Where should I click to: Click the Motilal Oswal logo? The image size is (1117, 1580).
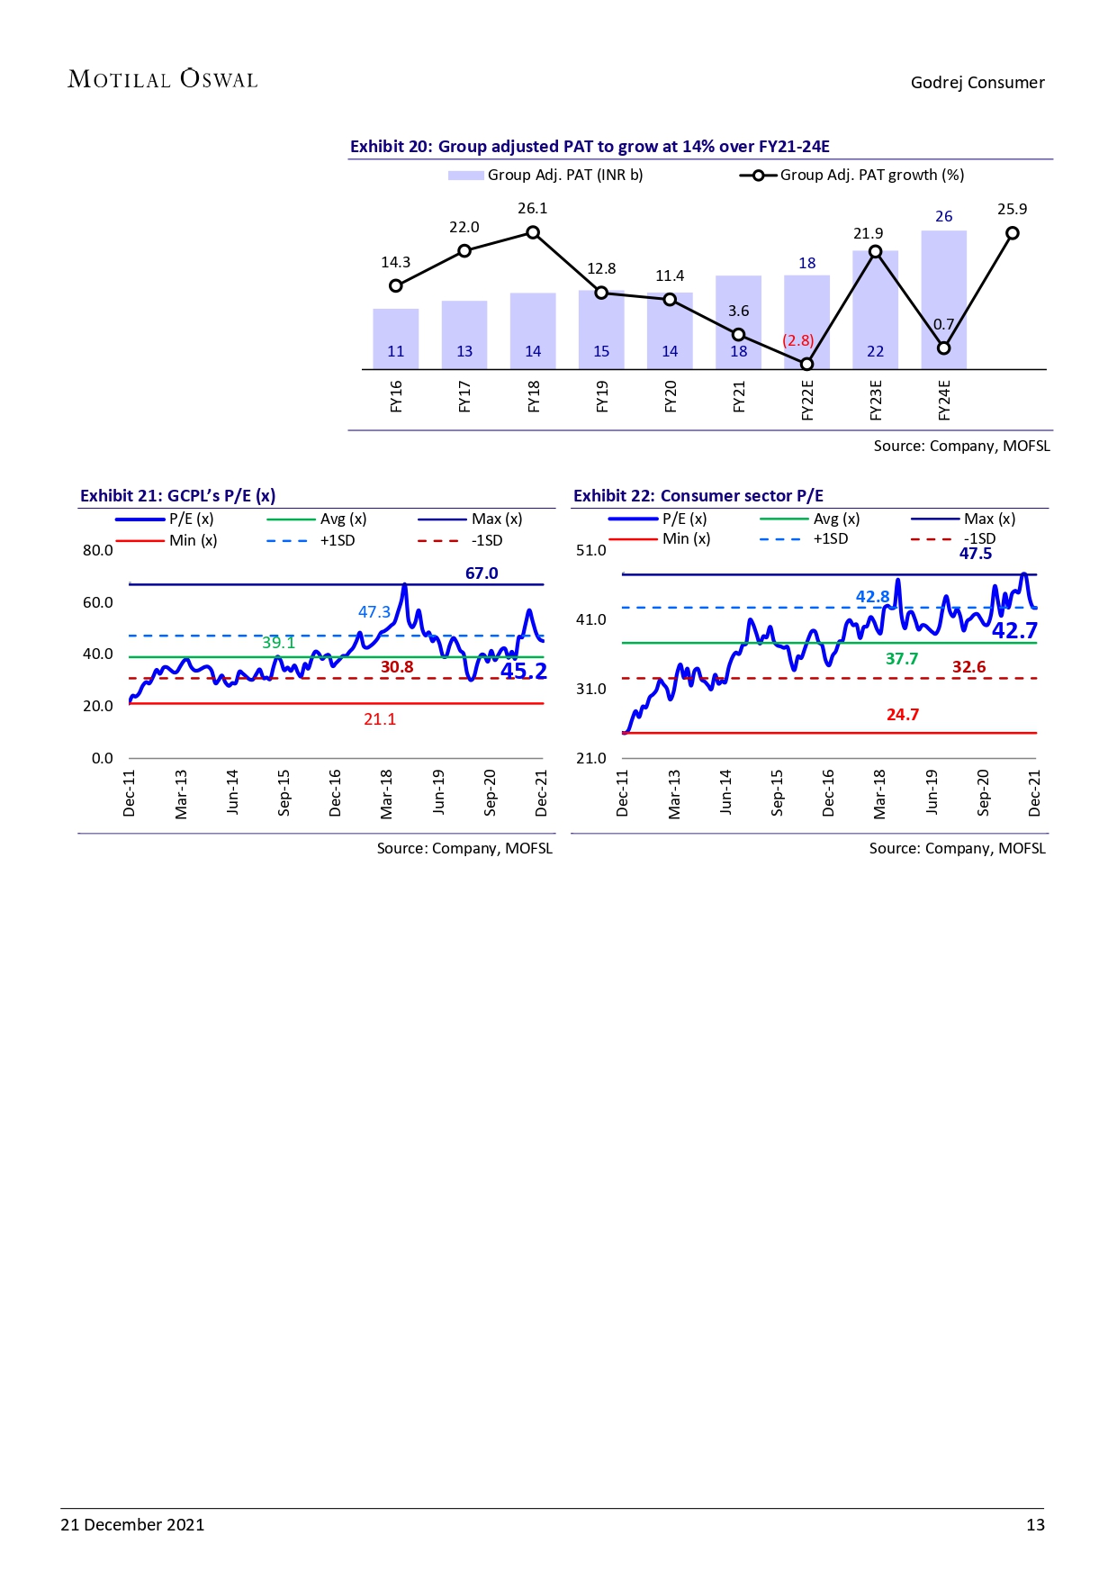pos(163,79)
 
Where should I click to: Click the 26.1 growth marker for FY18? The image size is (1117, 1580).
pos(533,233)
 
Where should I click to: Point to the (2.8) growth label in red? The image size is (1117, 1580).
pos(797,340)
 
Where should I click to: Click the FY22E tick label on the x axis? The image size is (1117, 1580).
pos(807,400)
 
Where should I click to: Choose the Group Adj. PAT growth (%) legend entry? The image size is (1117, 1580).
pos(851,175)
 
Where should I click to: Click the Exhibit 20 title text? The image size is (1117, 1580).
pos(590,147)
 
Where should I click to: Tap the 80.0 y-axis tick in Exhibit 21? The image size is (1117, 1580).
pos(98,550)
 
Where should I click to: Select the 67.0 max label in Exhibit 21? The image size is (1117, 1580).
pos(482,573)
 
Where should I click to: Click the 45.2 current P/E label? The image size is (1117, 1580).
pos(524,671)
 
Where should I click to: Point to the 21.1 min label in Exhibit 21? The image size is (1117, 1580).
pos(380,719)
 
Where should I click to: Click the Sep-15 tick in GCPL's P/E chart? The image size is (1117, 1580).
pos(284,792)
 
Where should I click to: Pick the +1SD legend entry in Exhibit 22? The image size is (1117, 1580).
pos(805,539)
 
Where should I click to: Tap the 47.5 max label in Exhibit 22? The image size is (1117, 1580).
pos(976,554)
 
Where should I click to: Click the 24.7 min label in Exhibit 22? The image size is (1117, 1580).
pos(903,715)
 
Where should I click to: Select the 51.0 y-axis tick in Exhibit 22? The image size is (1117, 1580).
pos(591,550)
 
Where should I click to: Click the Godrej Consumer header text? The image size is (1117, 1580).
pos(977,83)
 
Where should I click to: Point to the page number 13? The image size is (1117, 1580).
pos(1035,1524)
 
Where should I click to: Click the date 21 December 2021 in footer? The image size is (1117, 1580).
pos(132,1524)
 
